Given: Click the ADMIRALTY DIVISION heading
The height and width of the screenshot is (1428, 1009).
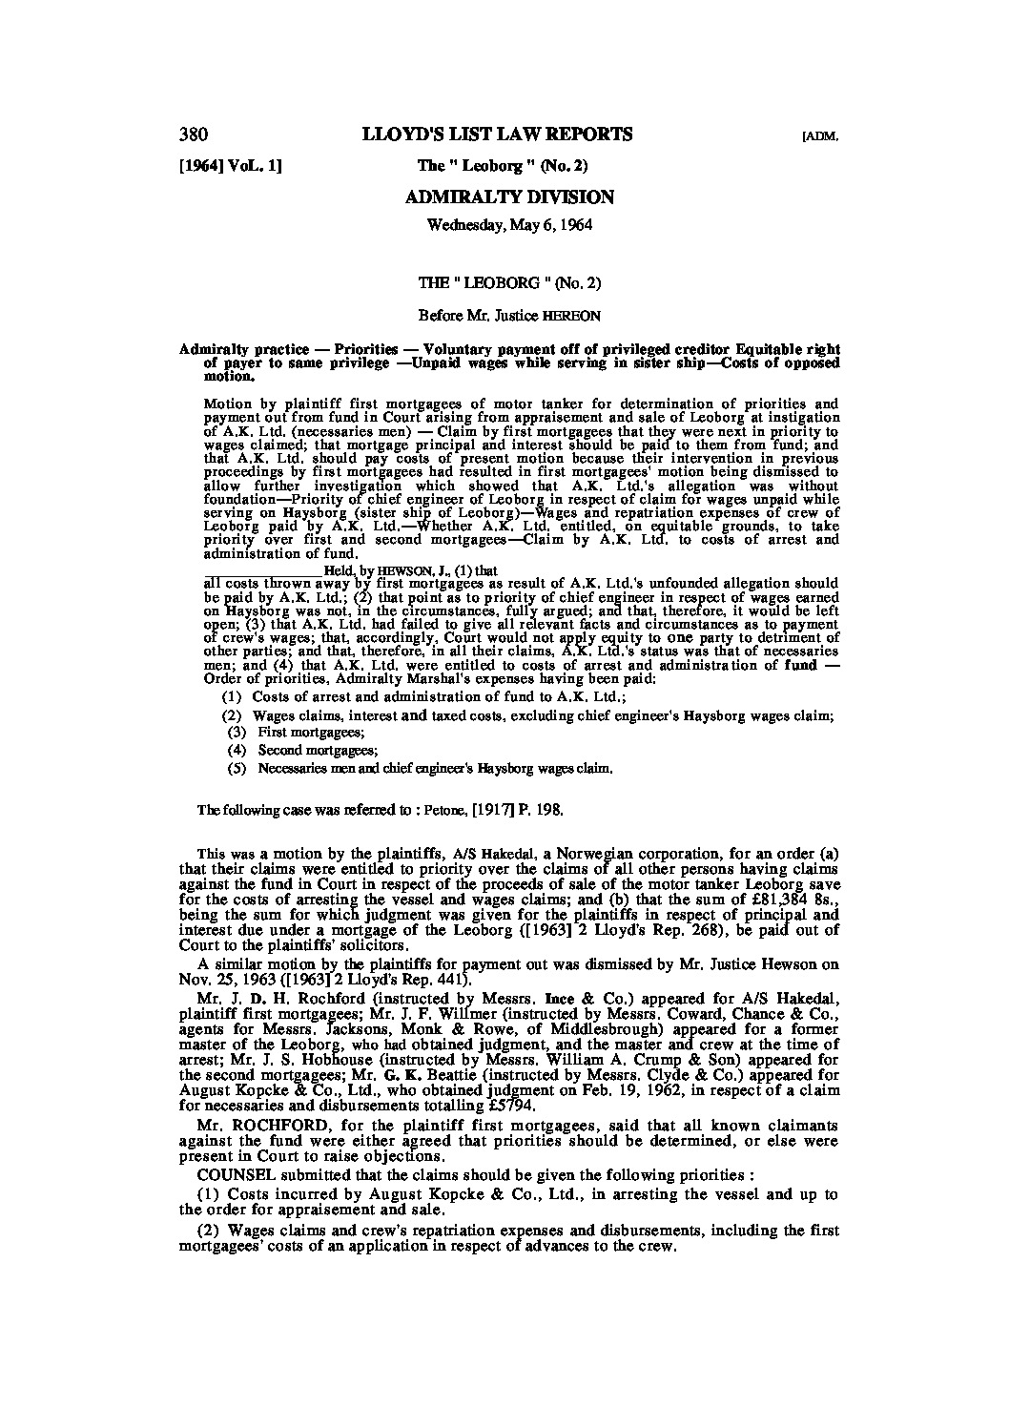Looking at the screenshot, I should (x=509, y=197).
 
